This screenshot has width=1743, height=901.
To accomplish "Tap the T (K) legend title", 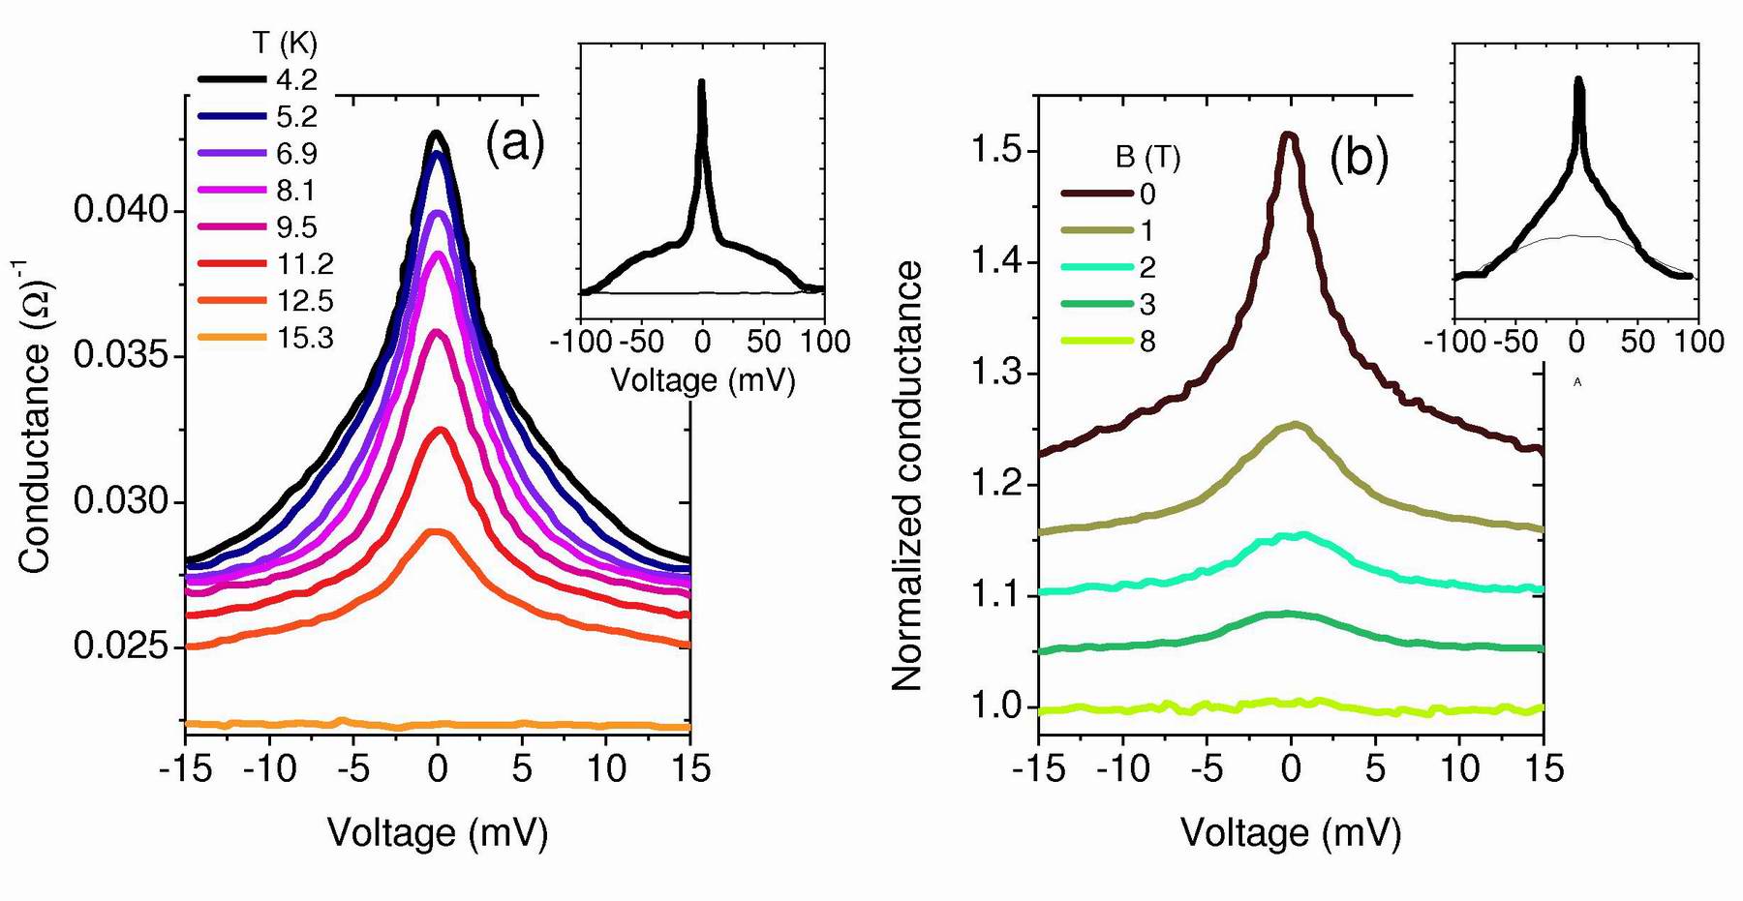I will coord(285,44).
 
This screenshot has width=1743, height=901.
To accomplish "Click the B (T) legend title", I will coord(1147,157).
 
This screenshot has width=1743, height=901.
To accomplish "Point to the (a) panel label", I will coord(514,143).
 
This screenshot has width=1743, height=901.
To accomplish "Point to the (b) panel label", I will coord(1359,157).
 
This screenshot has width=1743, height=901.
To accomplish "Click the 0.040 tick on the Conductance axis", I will coord(122,210).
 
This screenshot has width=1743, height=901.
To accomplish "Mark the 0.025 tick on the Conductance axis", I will coord(122,646).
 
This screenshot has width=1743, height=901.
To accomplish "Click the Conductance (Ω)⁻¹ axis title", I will coord(36,416).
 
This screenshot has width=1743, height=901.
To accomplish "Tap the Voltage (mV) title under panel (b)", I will coord(1291,832).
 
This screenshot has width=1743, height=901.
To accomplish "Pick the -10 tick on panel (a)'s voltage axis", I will coord(270,768).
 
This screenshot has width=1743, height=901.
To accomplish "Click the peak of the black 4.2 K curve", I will coord(437,134).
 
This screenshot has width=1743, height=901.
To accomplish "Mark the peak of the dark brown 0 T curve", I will coord(1288,135).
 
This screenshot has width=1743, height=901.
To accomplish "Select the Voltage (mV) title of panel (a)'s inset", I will coord(702,379).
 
